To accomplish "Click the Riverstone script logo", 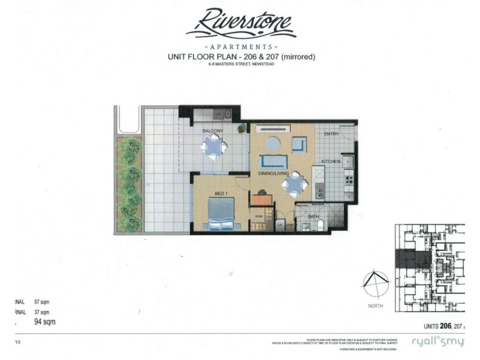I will [240, 24].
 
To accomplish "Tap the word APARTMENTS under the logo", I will [241, 46].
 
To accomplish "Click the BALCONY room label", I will [212, 131].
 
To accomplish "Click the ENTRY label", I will [331, 134].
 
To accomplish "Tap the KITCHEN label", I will [331, 161].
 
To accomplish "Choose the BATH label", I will [313, 216].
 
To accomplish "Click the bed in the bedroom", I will [220, 214].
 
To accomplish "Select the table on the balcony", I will [214, 146].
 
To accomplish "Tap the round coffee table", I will [272, 143].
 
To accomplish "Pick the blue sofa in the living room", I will [273, 161].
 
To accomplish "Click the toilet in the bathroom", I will [320, 224].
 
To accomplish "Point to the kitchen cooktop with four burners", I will [347, 178].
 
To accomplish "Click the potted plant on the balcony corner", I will [241, 128].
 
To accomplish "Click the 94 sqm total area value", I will [46, 322].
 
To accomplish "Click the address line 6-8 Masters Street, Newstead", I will [240, 64].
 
